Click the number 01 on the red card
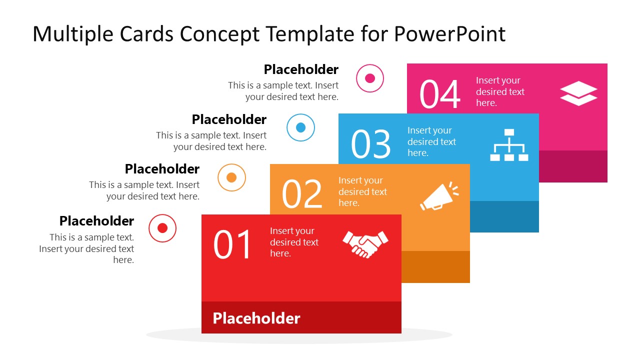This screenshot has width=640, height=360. [x=232, y=244]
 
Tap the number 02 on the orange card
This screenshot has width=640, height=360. [x=301, y=194]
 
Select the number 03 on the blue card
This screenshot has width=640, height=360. [x=370, y=144]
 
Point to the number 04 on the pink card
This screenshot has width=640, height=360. [x=439, y=94]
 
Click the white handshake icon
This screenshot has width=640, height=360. [x=365, y=243]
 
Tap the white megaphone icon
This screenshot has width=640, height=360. [x=438, y=196]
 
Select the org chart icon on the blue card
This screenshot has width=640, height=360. [x=509, y=145]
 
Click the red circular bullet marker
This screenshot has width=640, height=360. [x=162, y=228]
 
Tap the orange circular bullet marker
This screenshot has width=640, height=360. [x=231, y=177]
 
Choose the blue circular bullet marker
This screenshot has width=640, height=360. [x=300, y=127]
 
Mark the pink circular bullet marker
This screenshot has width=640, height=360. [x=370, y=78]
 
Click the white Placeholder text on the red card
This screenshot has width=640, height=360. [x=256, y=318]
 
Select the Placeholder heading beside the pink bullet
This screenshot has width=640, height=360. [x=301, y=69]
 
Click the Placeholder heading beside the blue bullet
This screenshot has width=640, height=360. [x=229, y=119]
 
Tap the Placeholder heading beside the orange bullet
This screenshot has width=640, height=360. [x=162, y=169]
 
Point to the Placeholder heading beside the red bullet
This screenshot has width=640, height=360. [x=96, y=221]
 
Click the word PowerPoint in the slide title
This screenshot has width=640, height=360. [x=450, y=34]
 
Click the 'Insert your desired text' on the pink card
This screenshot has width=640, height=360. [x=500, y=91]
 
